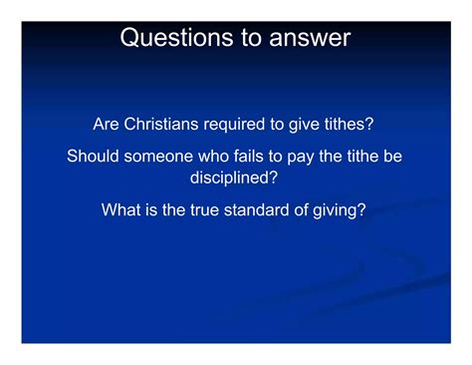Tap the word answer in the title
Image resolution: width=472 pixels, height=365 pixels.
point(308,38)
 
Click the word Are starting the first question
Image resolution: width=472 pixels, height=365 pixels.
point(109,125)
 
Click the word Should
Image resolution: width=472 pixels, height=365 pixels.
point(93,157)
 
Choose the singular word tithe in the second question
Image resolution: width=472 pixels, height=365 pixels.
point(363,157)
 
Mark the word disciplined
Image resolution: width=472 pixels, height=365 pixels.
point(235,177)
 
